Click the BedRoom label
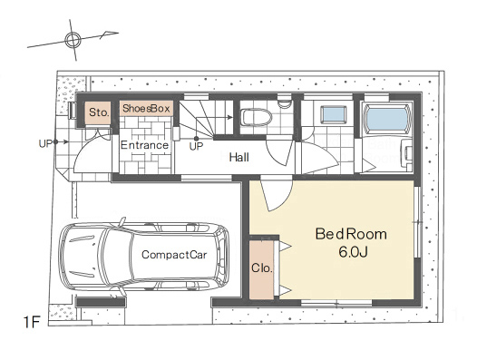pyautogui.click(x=351, y=234)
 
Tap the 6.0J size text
pyautogui.click(x=353, y=252)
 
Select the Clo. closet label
pyautogui.click(x=261, y=268)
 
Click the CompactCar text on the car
pyautogui.click(x=174, y=255)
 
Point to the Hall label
pyautogui.click(x=239, y=157)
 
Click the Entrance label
pyautogui.click(x=144, y=145)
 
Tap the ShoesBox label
pyautogui.click(x=146, y=108)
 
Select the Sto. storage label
pyautogui.click(x=99, y=112)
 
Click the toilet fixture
pyautogui.click(x=256, y=118)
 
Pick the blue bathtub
pyautogui.click(x=387, y=119)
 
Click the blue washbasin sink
pyautogui.click(x=335, y=115)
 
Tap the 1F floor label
pyautogui.click(x=32, y=322)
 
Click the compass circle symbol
pyautogui.click(x=73, y=40)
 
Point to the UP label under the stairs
pyautogui.click(x=196, y=147)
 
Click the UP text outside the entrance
pyautogui.click(x=45, y=143)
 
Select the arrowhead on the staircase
pyautogui.click(x=230, y=117)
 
